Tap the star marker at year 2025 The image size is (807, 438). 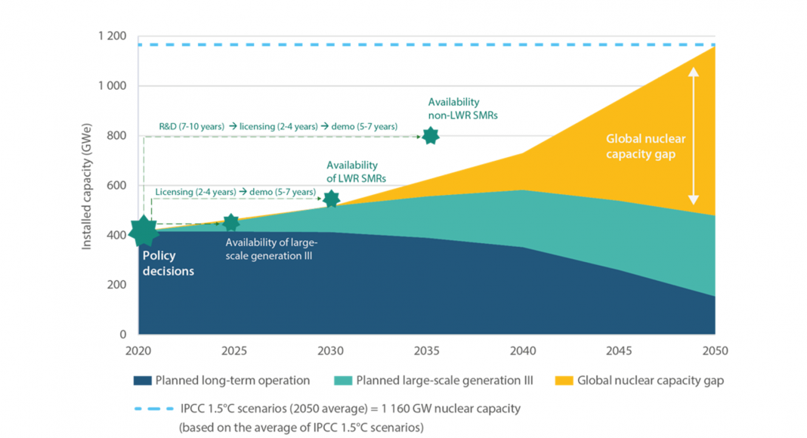point(231,223)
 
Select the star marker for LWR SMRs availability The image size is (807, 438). point(331,199)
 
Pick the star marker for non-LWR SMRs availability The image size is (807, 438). point(431,136)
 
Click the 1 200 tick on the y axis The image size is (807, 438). point(111,36)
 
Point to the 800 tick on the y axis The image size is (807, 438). point(118,136)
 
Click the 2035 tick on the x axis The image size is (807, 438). point(426,350)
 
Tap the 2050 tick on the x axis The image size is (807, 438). point(715,350)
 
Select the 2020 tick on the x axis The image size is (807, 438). point(138,350)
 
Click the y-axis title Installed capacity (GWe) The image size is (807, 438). point(87,185)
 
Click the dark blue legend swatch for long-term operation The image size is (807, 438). point(142,381)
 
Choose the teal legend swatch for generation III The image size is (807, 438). point(342,381)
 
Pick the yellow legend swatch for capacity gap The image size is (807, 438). point(564,381)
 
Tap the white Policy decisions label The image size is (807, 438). point(168,264)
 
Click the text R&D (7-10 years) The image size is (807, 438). point(191,127)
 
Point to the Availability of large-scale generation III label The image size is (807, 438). point(272,248)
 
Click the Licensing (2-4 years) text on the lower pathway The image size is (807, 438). point(196,193)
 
